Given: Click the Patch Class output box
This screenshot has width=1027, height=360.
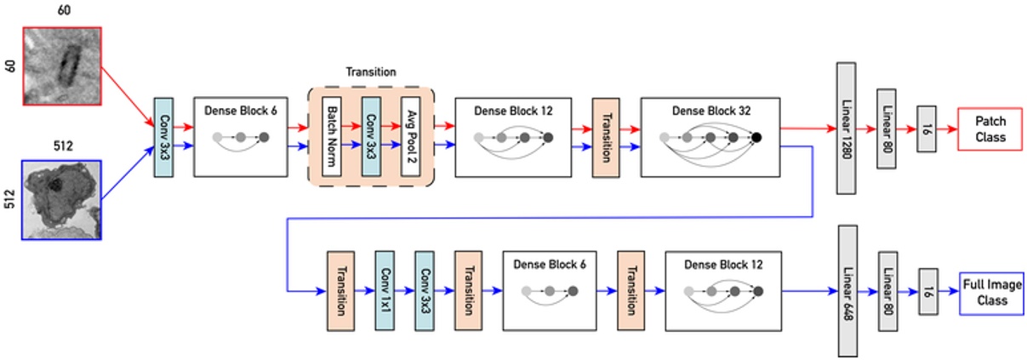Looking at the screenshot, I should point(990,129).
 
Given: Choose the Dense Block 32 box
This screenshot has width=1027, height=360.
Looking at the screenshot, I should point(710,136).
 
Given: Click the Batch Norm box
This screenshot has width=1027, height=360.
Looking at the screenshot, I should point(331,136).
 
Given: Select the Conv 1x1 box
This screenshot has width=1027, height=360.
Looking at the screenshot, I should point(385,291).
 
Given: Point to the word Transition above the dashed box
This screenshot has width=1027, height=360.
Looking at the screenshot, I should point(371,73).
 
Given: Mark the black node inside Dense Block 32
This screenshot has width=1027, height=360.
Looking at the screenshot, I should point(756,137).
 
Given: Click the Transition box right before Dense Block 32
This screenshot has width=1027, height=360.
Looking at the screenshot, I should point(606,136).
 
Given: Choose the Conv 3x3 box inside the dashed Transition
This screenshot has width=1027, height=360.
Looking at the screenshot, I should point(371,136).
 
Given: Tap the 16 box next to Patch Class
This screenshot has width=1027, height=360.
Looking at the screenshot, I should point(927,129).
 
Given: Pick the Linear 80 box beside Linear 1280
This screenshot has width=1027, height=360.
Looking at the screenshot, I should point(887,129).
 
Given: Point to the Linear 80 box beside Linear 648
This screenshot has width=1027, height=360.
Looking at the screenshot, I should point(887,292).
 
